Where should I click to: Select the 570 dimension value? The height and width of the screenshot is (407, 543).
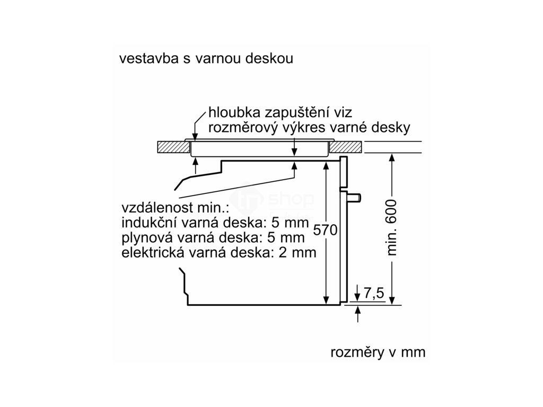[x=325, y=230]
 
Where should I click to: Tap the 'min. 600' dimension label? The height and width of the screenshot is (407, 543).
[x=392, y=228]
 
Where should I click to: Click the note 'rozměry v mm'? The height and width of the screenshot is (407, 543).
[x=378, y=352]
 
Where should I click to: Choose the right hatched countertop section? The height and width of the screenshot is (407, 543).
[x=347, y=147]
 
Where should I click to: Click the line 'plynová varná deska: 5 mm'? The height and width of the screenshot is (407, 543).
[x=213, y=237]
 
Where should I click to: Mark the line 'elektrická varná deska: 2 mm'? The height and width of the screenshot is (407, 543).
[x=218, y=252]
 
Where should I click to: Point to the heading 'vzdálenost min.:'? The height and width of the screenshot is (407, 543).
[x=172, y=207]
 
